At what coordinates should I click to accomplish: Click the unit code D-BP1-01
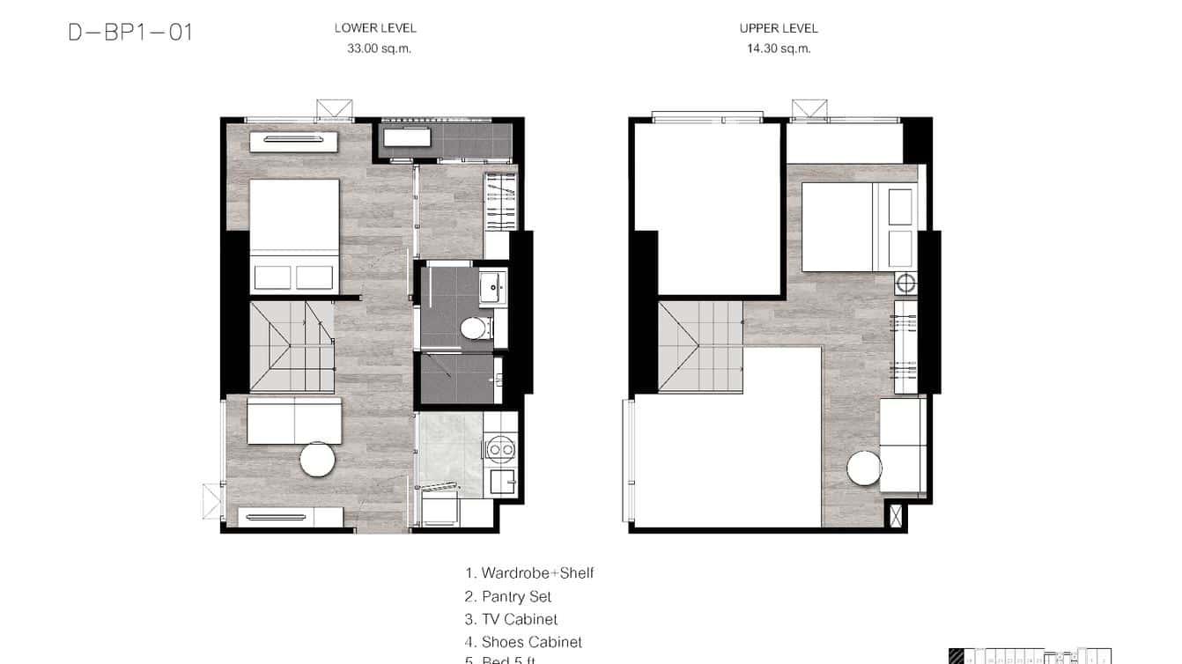click(130, 33)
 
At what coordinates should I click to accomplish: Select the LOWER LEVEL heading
click(375, 28)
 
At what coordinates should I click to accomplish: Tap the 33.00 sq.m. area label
click(379, 49)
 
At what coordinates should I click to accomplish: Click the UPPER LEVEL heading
click(779, 28)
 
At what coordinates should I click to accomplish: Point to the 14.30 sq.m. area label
click(779, 49)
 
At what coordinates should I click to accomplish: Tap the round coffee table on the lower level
click(317, 459)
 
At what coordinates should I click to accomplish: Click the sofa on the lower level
click(294, 421)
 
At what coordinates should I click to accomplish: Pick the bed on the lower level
click(294, 235)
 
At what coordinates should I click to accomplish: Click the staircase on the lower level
click(292, 346)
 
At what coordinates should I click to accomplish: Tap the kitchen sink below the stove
click(502, 481)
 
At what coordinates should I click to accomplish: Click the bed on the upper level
click(858, 226)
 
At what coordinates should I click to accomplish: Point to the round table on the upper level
click(865, 468)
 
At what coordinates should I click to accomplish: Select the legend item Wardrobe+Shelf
click(529, 573)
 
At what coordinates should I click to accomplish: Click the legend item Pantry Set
click(508, 597)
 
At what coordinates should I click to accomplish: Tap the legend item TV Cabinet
click(511, 620)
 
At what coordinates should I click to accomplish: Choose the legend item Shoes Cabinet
click(523, 643)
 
